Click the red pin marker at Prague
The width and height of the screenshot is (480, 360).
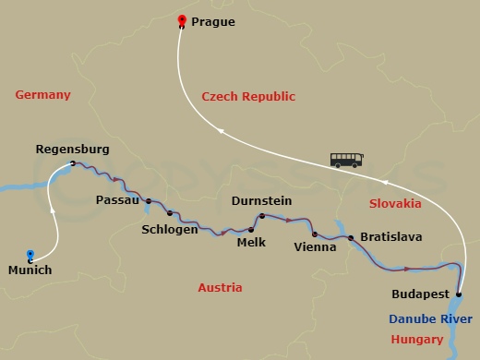coord(182,20)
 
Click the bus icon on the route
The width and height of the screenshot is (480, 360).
coord(346,160)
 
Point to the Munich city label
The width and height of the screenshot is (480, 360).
coord(30,270)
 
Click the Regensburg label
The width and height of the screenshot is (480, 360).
coord(72,149)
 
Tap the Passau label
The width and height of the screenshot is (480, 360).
coord(117,200)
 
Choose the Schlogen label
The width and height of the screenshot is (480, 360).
coord(170,230)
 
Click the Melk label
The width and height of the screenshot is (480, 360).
coord(251,243)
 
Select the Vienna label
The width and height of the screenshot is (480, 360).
coord(315,247)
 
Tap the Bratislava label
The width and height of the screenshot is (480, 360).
coord(391,237)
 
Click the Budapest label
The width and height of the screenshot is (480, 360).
coord(421,294)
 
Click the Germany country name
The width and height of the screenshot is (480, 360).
coord(43,95)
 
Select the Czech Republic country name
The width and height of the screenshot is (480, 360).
coord(248,96)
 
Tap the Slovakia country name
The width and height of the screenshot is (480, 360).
coord(395,203)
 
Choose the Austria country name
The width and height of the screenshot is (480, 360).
coord(221,288)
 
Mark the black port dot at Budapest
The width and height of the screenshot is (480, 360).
coord(460,295)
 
